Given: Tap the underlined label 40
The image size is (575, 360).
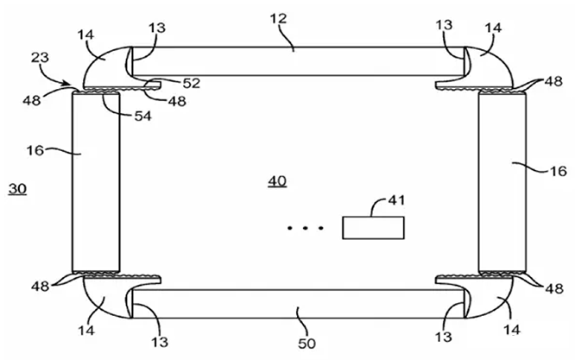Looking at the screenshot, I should pos(277,181).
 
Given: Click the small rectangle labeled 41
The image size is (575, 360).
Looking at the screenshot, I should pos(374,228).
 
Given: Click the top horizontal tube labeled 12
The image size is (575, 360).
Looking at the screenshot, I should pos(294,61).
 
